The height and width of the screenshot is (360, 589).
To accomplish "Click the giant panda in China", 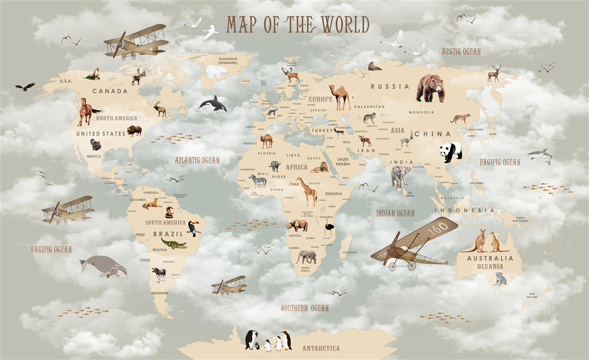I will click(x=451, y=152).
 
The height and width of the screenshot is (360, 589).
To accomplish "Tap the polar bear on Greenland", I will click(x=216, y=72).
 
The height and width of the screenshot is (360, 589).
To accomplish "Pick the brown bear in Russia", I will click(x=430, y=88).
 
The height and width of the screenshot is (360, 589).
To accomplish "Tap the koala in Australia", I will click(x=500, y=279).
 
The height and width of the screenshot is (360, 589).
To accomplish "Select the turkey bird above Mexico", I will click(x=95, y=145).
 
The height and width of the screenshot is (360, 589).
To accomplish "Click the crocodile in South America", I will click(x=173, y=244).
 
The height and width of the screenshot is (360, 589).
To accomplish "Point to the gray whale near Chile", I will click(x=104, y=267).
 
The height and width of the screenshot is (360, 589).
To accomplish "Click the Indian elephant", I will click(x=401, y=176).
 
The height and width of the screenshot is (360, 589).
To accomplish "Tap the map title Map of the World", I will click(x=297, y=25).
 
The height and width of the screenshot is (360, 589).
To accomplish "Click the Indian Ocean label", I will click(x=395, y=213).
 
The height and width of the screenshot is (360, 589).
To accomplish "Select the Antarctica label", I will click(x=321, y=348).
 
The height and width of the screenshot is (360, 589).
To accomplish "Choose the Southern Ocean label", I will click(x=304, y=308).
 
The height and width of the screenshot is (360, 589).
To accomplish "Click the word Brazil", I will click(x=168, y=234).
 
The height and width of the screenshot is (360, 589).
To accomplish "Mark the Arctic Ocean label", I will click(x=460, y=52).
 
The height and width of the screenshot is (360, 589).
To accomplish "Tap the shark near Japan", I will click(x=540, y=155).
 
